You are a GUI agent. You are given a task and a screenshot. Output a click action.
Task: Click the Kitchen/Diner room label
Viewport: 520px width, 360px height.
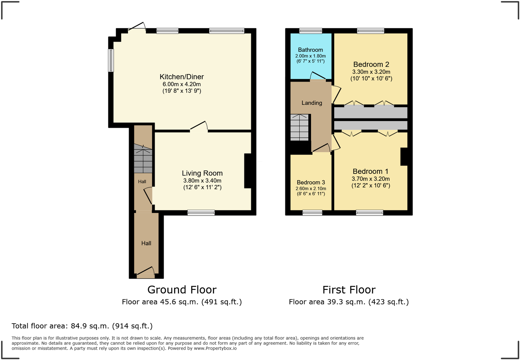(x=182, y=77)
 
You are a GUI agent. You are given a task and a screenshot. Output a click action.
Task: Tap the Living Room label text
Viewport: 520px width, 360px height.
(x=202, y=173)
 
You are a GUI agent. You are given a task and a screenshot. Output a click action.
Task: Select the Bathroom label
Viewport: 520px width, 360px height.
(x=310, y=50)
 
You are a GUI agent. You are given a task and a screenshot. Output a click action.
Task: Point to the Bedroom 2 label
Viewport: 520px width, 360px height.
(x=371, y=64)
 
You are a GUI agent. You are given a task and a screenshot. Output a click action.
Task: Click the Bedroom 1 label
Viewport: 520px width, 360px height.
(x=370, y=171)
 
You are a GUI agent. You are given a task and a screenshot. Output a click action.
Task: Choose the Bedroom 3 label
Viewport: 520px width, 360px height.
(x=311, y=183)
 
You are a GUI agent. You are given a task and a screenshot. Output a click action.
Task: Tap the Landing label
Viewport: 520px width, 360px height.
(x=312, y=103)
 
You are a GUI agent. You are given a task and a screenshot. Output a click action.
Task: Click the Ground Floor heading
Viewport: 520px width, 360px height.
(x=182, y=290)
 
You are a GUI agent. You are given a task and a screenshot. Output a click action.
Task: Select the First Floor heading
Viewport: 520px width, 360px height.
(x=349, y=290)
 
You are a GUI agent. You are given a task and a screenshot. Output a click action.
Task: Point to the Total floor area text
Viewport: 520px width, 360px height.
(x=82, y=326)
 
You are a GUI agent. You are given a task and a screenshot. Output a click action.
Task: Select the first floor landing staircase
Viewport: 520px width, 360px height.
(x=299, y=127)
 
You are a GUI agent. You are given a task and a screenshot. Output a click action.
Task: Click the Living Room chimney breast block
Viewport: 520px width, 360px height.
(x=248, y=171)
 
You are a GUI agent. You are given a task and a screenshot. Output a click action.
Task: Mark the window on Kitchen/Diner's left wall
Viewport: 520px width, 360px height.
(x=111, y=60)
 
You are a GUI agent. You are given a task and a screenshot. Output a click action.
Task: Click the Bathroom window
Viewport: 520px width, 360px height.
(x=310, y=31)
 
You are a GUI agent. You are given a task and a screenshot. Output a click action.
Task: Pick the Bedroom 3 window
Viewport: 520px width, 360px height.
(x=312, y=213)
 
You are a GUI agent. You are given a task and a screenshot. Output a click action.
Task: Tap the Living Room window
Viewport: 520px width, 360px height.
(x=201, y=213)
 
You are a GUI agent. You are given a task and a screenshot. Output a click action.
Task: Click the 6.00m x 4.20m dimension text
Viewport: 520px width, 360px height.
(x=182, y=84)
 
